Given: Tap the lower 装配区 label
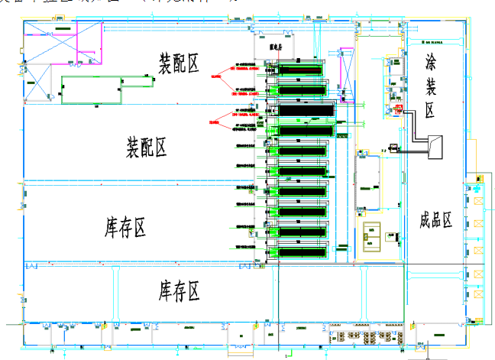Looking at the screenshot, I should click(x=146, y=147).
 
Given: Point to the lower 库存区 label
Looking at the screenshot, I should click(x=179, y=290).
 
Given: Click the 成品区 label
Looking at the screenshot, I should click(x=436, y=221).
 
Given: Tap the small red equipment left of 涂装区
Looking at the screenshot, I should click(x=398, y=109).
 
